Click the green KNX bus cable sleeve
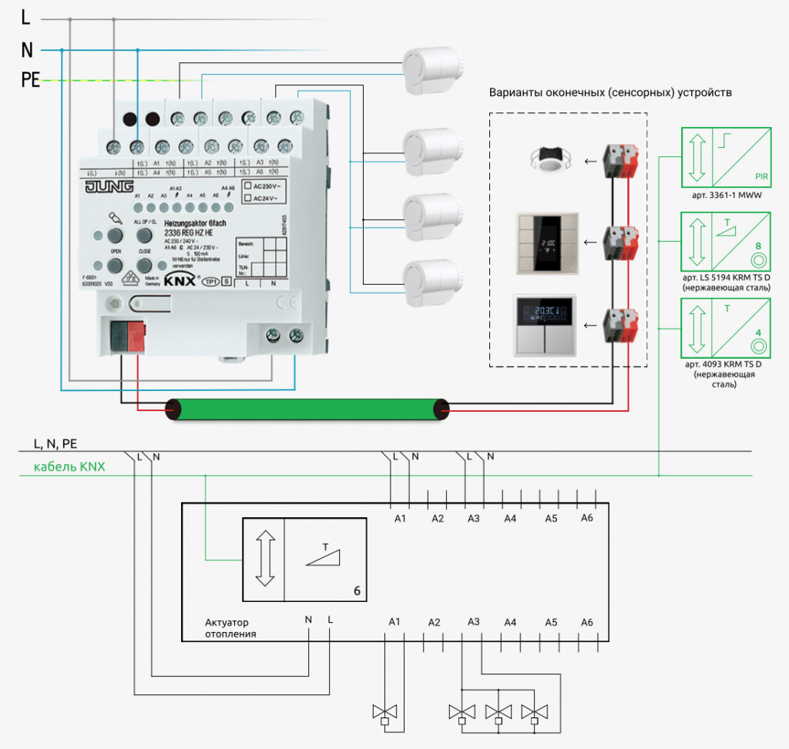click(309, 409)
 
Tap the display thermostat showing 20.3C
click(545, 324)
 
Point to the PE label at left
click(30, 80)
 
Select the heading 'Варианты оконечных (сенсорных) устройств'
click(610, 92)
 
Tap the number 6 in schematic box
click(356, 591)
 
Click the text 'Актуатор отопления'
click(230, 628)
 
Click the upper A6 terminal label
click(587, 518)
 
